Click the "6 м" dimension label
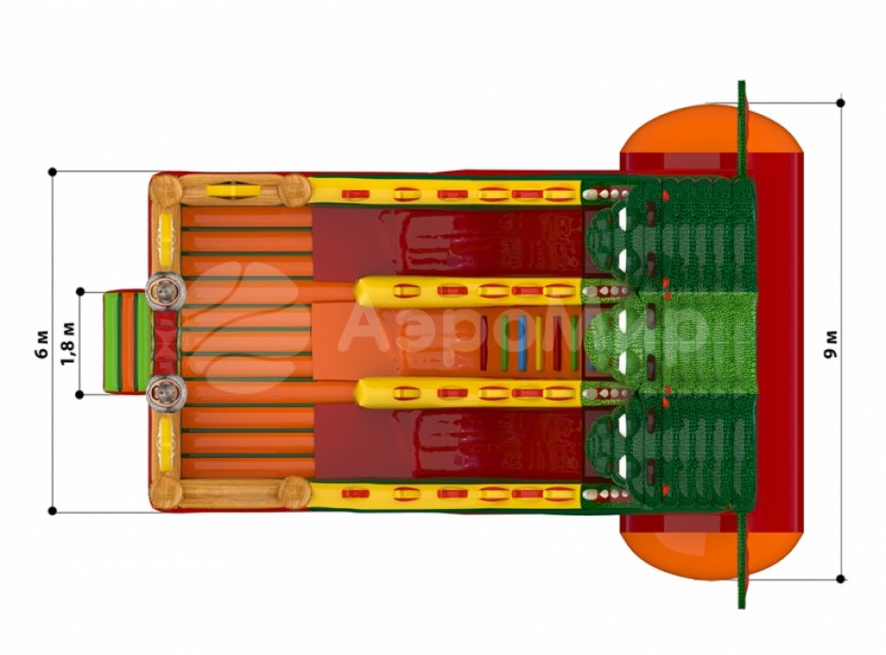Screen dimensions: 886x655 click(43, 344)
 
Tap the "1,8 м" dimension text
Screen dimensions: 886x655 click(69, 343)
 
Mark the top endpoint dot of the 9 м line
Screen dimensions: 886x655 click(841, 103)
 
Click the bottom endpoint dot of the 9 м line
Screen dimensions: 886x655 click(841, 579)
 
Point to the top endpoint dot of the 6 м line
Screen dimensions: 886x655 click(53, 172)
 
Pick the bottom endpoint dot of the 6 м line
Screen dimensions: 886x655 click(53, 511)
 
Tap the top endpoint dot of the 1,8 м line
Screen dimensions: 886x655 click(80, 291)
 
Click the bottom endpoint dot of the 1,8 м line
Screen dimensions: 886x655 click(80, 395)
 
